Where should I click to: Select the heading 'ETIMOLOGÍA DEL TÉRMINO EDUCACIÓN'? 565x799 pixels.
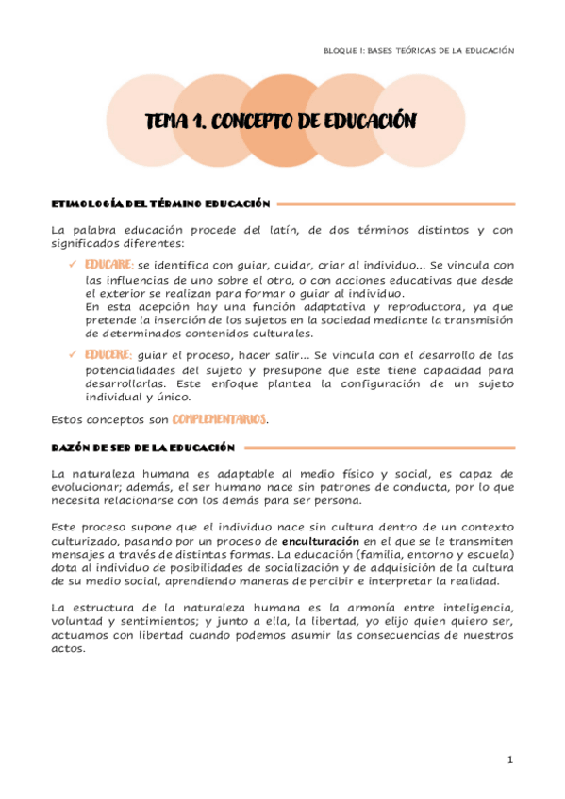pyautogui.click(x=160, y=203)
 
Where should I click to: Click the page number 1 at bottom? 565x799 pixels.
pyautogui.click(x=509, y=759)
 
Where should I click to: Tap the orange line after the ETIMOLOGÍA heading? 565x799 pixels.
pyautogui.click(x=396, y=203)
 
